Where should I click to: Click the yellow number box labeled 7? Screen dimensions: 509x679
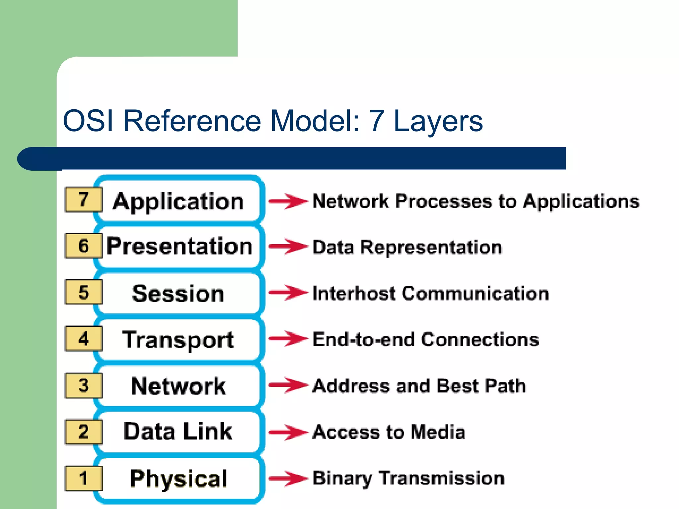coord(84,199)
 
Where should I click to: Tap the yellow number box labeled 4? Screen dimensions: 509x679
coord(84,339)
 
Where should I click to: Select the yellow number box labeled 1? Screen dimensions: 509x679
coord(84,478)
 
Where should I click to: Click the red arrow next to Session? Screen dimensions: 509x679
coord(288,293)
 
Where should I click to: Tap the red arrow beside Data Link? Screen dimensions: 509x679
coord(288,432)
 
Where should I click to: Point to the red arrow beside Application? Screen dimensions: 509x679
coord(288,201)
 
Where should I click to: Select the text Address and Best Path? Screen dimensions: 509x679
coord(419,386)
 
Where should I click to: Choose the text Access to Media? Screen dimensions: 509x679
coord(389,432)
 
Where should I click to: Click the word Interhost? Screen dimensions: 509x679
coord(354,294)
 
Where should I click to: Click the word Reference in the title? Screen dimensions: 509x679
coord(192,121)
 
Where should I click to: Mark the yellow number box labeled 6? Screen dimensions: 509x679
coord(84,246)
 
